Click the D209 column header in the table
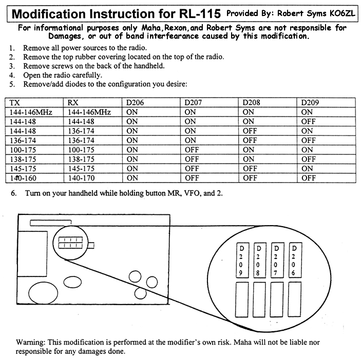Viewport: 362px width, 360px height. [311, 103]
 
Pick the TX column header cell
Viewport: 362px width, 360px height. [15, 103]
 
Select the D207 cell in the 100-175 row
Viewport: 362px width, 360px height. [192, 150]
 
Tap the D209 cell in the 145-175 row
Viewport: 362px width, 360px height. [308, 169]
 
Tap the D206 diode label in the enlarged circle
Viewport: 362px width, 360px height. [294, 258]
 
